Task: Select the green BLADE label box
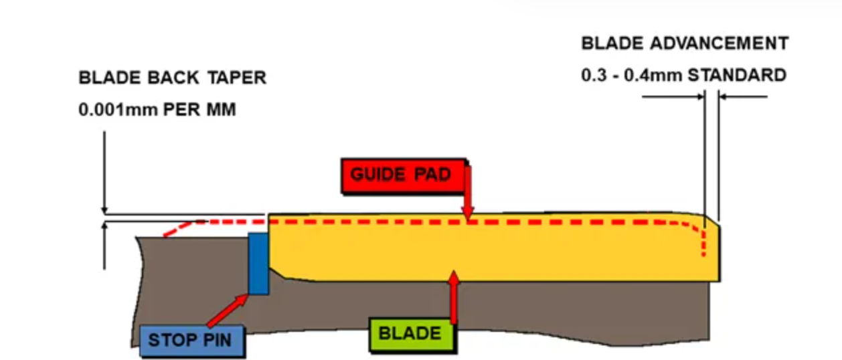point(410,333)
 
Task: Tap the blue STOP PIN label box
point(190,339)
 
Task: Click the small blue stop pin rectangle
point(258,263)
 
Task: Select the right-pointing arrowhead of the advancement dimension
point(700,97)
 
